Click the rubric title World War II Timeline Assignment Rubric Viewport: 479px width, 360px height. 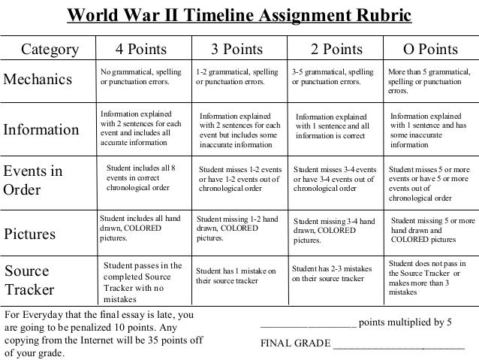(239, 16)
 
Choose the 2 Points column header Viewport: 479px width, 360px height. (336, 50)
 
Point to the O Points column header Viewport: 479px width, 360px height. (430, 50)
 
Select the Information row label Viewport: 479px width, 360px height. (47, 129)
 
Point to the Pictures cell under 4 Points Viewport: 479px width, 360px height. (141, 228)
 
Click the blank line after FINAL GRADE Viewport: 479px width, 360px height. (398, 346)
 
